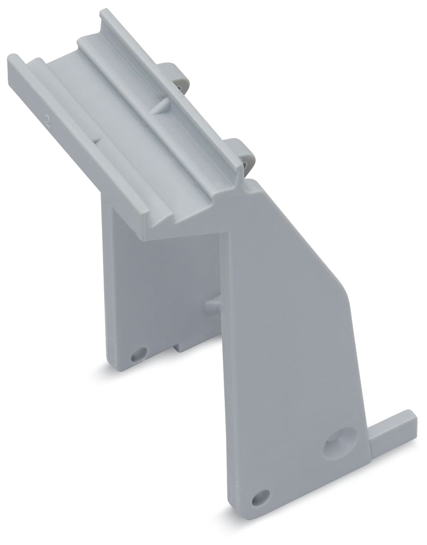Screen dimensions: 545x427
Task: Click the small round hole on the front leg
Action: [x=261, y=497]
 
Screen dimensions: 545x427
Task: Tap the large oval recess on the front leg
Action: [x=340, y=443]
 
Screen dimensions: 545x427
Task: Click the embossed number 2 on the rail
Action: [x=48, y=119]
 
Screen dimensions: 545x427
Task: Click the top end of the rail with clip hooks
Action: [x=105, y=12]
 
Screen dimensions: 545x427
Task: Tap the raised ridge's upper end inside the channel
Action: [x=82, y=41]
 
